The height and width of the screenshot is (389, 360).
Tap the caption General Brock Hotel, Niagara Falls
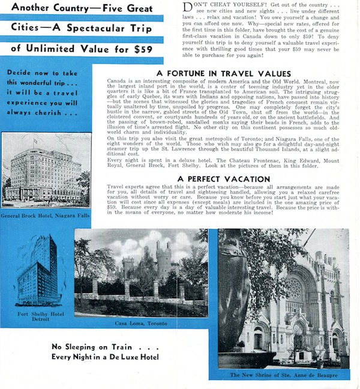(46, 216)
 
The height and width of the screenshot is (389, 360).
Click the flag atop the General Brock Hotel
(35, 140)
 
